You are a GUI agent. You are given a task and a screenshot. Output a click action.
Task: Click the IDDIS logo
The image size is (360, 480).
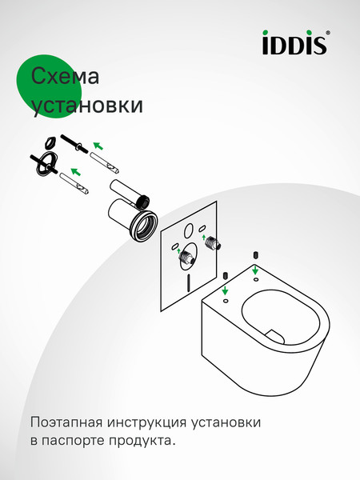[294, 44]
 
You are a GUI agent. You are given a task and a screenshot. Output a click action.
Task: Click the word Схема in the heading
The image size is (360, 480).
[65, 77]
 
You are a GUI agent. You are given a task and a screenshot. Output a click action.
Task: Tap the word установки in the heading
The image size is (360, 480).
[86, 106]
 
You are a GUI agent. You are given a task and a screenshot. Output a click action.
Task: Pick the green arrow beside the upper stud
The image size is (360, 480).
[98, 145]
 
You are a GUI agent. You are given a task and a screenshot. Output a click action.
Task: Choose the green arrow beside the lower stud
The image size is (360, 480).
[75, 170]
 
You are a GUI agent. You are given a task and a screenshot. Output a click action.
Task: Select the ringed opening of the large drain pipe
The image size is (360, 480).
[144, 226]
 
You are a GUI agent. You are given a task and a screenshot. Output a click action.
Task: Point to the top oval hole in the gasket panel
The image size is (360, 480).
[189, 231]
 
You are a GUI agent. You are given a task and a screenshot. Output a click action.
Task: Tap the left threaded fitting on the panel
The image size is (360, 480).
[186, 258]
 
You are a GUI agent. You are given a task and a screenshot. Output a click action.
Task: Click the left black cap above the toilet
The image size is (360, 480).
[226, 275]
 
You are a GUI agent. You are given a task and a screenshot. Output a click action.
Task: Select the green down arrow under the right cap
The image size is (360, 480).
[254, 270]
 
